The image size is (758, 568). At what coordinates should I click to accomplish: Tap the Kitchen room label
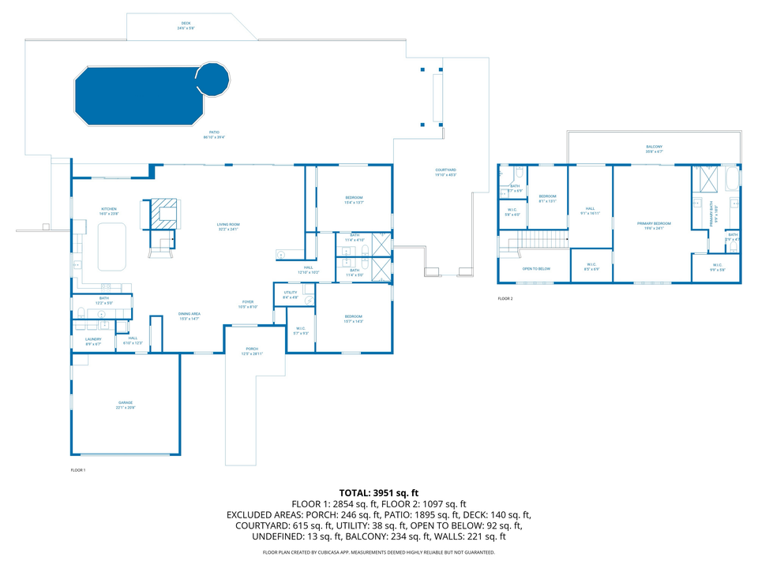(109, 210)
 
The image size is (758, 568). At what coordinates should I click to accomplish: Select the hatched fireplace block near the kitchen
(166, 213)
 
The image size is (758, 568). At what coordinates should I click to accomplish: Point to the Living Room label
(228, 226)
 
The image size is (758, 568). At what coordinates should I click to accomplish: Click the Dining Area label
(188, 316)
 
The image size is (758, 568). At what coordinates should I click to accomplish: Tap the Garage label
(126, 404)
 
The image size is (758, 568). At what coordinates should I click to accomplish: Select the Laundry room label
(93, 341)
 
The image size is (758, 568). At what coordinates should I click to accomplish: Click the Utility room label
(290, 295)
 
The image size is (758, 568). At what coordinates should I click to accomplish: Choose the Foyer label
(248, 304)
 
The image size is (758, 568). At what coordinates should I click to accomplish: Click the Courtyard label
(445, 171)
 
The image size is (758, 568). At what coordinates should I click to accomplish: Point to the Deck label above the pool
(186, 25)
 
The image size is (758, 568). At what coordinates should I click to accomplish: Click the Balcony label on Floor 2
(655, 148)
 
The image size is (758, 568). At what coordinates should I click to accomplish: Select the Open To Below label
(536, 268)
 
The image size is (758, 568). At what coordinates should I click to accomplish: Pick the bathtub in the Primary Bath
(731, 180)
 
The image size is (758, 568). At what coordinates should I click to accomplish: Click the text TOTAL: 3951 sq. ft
(378, 492)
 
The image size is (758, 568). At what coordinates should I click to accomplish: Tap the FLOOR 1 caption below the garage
(77, 470)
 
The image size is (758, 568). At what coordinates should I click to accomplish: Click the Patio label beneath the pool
(214, 134)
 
